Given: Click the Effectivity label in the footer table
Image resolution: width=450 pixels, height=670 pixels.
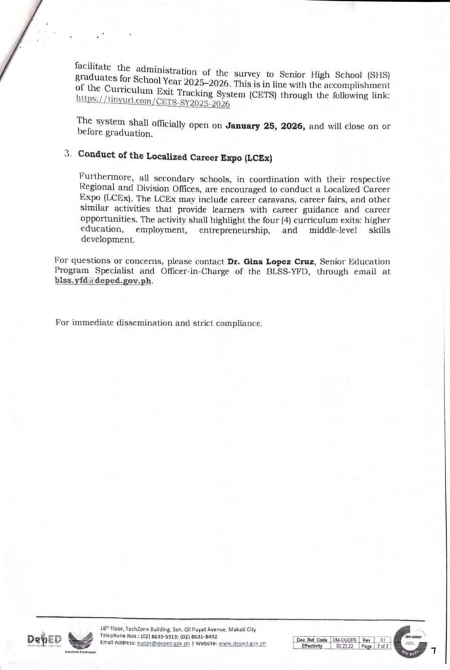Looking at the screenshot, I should point(311,645).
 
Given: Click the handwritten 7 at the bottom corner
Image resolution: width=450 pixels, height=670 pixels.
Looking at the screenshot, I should point(433,649).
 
